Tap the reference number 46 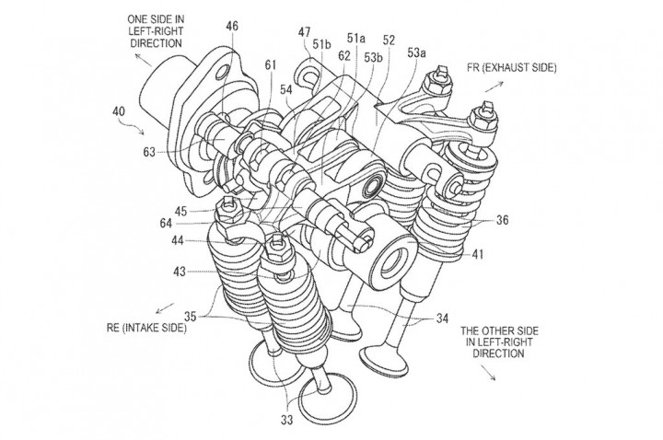231,28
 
